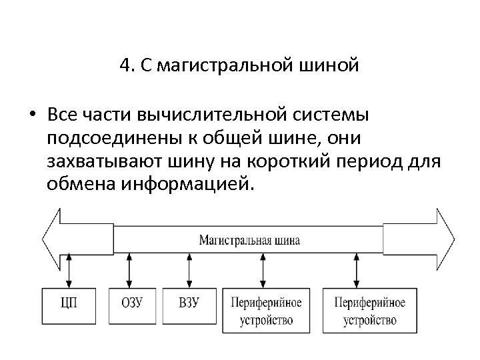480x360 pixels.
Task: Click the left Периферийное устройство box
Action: click(x=266, y=311)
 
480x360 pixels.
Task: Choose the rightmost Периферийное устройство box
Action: click(x=369, y=311)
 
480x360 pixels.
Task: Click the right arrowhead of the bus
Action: click(x=445, y=239)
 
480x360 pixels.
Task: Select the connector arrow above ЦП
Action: click(x=69, y=270)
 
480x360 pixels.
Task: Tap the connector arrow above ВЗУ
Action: click(x=188, y=270)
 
